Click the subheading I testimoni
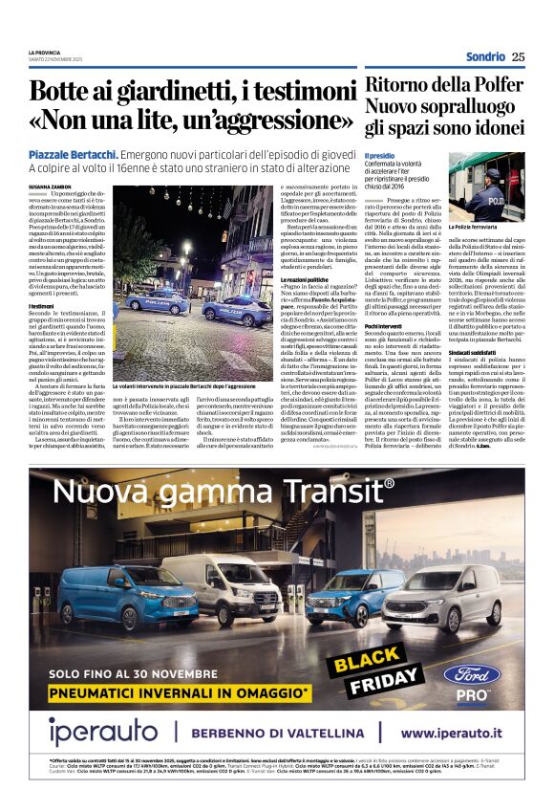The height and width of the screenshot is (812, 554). pyautogui.click(x=41, y=305)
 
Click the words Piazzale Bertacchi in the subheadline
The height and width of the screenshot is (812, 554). pyautogui.click(x=73, y=154)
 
